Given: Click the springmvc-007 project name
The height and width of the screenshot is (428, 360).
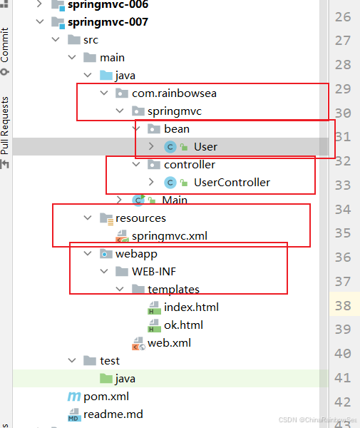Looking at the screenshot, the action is pyautogui.click(x=108, y=22).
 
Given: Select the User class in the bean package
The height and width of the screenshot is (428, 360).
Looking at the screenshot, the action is pyautogui.click(x=205, y=147).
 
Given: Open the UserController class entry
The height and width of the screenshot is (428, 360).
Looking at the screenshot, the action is pyautogui.click(x=232, y=183).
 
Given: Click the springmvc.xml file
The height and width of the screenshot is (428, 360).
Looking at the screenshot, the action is pyautogui.click(x=170, y=236).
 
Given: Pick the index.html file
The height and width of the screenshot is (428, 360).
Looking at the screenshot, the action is pyautogui.click(x=191, y=307).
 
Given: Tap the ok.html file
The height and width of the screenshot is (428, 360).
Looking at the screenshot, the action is pyautogui.click(x=183, y=325).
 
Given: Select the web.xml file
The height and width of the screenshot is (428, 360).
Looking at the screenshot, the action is pyautogui.click(x=169, y=343).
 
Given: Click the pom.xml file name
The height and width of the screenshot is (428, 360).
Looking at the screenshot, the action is pyautogui.click(x=106, y=397).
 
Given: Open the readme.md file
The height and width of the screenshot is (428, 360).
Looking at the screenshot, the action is pyautogui.click(x=113, y=414).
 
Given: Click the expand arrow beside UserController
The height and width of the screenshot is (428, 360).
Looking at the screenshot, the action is pyautogui.click(x=151, y=182).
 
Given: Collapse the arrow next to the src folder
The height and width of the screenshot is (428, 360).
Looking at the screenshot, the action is pyautogui.click(x=56, y=39).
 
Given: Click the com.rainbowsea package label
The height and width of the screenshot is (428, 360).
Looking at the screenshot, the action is pyautogui.click(x=174, y=93).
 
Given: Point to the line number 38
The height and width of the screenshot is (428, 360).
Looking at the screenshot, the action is pyautogui.click(x=343, y=306).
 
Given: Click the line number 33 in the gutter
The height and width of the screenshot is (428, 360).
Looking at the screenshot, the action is pyautogui.click(x=343, y=185).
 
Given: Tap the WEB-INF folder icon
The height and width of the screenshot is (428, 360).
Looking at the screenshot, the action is pyautogui.click(x=122, y=271).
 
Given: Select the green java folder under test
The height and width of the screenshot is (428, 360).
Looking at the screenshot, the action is pyautogui.click(x=106, y=379).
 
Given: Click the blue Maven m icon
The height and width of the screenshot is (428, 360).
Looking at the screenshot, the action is pyautogui.click(x=74, y=397).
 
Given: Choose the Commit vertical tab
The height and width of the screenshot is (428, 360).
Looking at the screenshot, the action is pyautogui.click(x=5, y=44).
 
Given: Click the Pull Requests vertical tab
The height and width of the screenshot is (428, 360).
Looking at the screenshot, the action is pyautogui.click(x=5, y=126).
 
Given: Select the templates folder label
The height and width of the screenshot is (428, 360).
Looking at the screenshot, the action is pyautogui.click(x=173, y=290).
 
